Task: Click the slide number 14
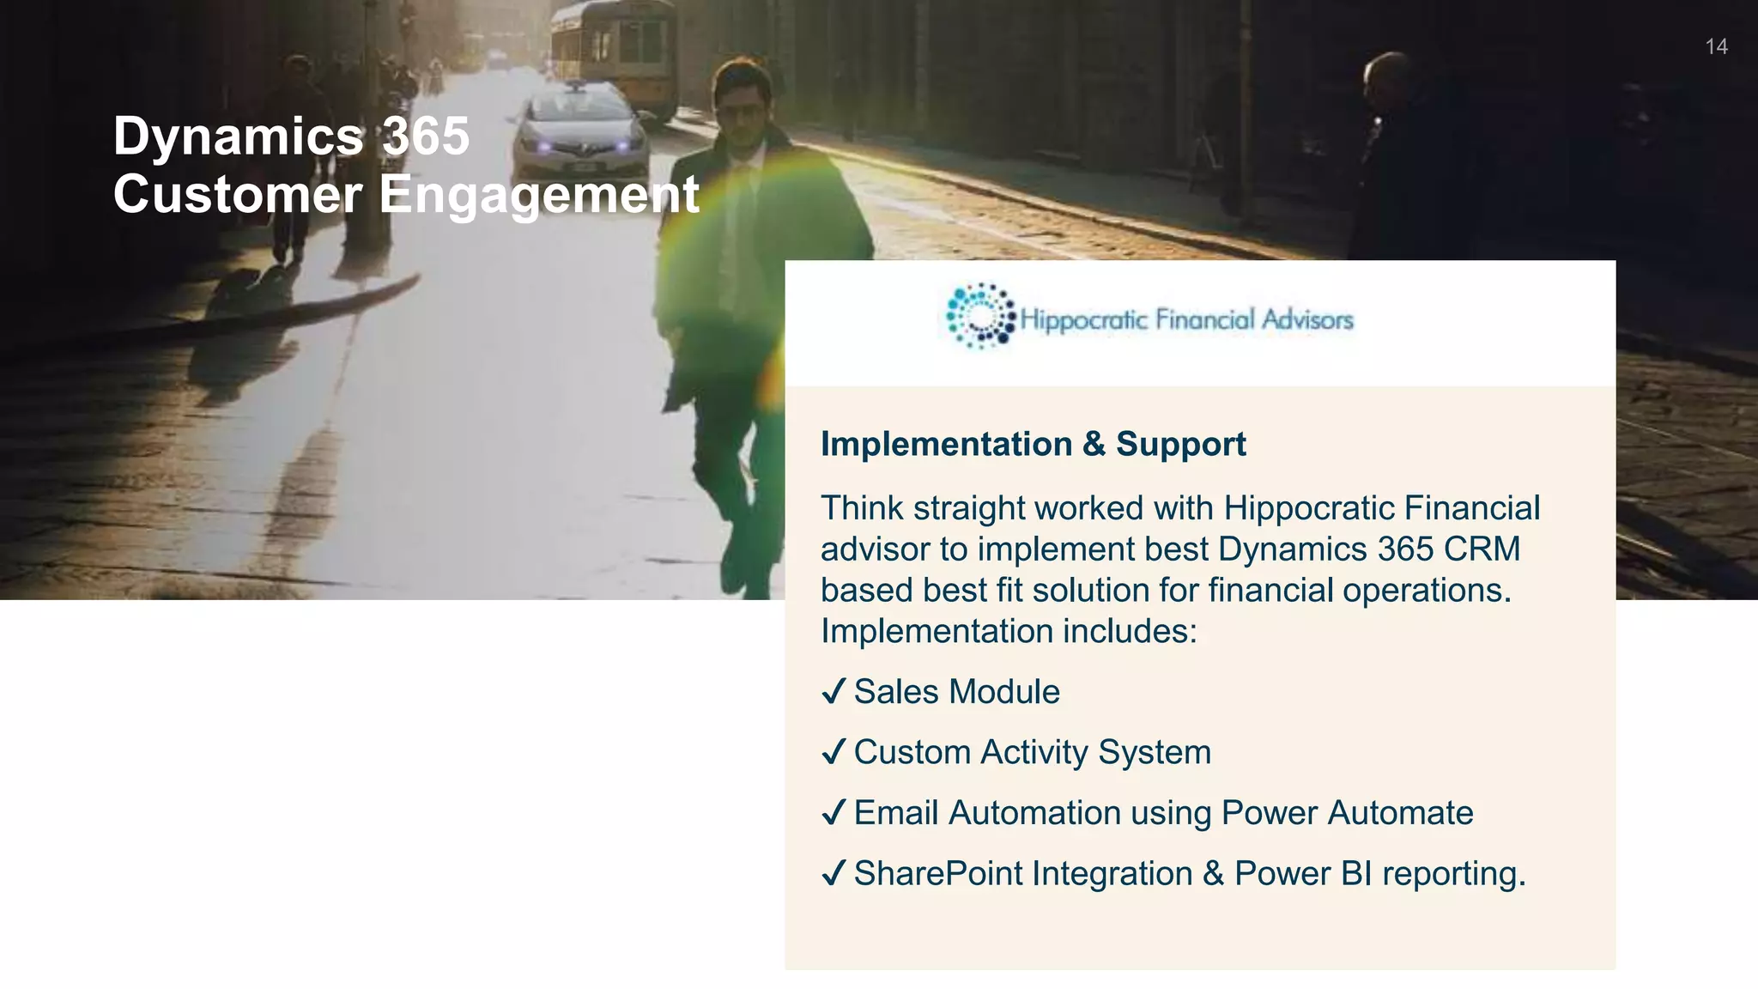[1716, 46]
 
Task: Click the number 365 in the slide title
[426, 136]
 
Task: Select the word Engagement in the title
[539, 194]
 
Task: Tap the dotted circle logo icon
[979, 316]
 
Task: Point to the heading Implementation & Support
[1033, 444]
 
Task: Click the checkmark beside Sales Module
[834, 691]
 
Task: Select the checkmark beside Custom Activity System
[834, 752]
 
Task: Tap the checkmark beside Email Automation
[834, 812]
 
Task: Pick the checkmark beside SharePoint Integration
[834, 873]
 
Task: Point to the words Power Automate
[1347, 812]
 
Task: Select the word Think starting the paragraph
[862, 508]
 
